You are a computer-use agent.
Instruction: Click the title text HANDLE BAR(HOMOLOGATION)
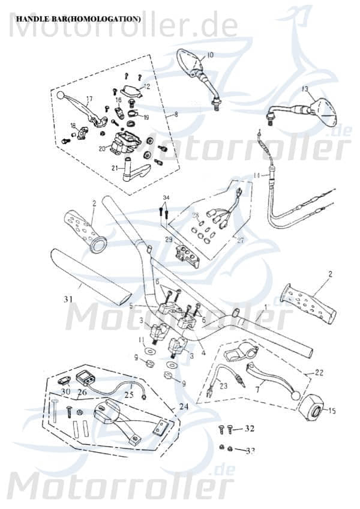point(78,19)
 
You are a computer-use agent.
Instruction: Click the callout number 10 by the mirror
point(209,55)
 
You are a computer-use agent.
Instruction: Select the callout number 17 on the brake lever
point(89,99)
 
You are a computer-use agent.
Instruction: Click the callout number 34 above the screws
point(166,197)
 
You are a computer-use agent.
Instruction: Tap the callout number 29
point(169,240)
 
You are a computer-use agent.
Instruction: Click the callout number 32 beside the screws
point(250,429)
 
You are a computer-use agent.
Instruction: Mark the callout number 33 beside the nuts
point(250,450)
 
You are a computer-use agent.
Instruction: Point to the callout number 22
point(319,373)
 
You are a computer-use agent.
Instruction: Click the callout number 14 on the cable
point(256,175)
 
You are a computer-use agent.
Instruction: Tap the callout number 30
point(65,392)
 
